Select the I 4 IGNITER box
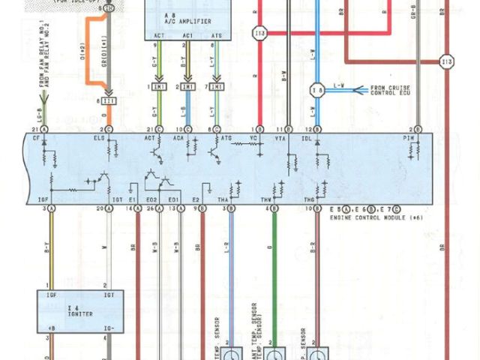click(x=76, y=310)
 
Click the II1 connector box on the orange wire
click(x=109, y=100)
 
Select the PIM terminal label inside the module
click(x=409, y=138)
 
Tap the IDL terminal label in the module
click(x=316, y=138)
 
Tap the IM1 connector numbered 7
click(x=217, y=88)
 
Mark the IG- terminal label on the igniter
click(x=109, y=328)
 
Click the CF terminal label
click(x=37, y=138)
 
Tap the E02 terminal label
click(x=152, y=199)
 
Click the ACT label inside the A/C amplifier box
click(x=159, y=34)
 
